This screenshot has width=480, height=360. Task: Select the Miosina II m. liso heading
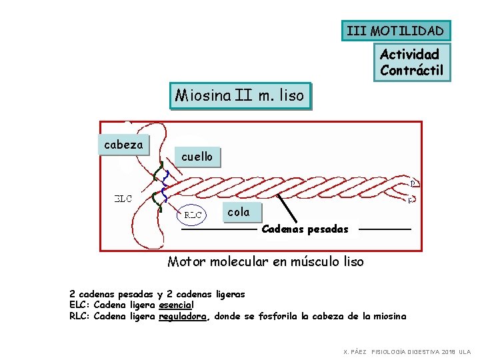click(x=240, y=95)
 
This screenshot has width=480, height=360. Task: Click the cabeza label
click(x=123, y=144)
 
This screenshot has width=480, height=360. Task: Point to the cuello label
click(x=197, y=157)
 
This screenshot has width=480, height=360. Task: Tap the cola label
click(x=239, y=212)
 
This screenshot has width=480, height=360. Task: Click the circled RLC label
click(x=193, y=215)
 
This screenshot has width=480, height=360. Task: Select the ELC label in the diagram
click(x=123, y=198)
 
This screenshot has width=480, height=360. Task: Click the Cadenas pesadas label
click(x=305, y=229)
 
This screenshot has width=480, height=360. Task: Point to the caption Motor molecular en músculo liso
click(x=265, y=261)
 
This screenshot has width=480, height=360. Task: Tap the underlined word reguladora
click(x=183, y=316)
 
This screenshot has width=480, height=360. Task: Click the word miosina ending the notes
click(x=389, y=316)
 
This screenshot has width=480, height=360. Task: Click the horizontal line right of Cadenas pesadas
click(x=385, y=229)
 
